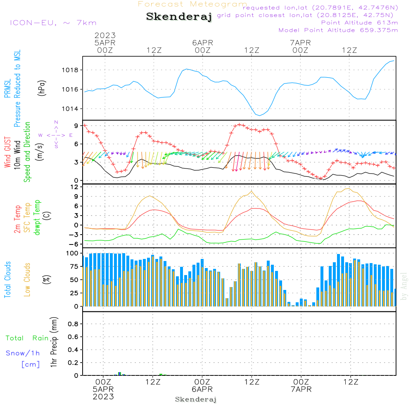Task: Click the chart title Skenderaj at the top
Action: [x=179, y=17]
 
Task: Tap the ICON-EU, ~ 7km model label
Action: [x=53, y=23]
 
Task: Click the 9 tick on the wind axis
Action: [x=77, y=126]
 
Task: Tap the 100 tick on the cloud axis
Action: [x=73, y=253]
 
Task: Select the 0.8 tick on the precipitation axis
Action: [x=73, y=324]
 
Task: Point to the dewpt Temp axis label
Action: [x=37, y=218]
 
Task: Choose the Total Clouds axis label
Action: [x=7, y=280]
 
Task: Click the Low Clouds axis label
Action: [x=27, y=280]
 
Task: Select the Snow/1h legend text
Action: [x=23, y=354]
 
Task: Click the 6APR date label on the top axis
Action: [x=202, y=43]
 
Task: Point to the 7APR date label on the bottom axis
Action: [x=301, y=389]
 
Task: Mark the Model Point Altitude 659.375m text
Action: [x=338, y=30]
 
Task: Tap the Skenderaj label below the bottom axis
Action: [x=196, y=399]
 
